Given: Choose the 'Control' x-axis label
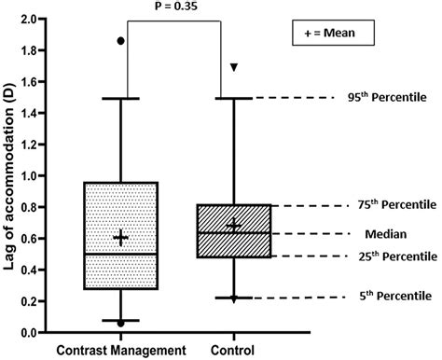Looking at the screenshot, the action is coord(234,351).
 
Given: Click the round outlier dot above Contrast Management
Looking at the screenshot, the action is coord(120,41).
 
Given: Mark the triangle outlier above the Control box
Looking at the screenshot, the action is coord(235,67).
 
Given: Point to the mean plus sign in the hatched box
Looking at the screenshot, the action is coord(234,225).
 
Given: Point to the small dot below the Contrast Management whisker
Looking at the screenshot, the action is coord(120,323).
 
